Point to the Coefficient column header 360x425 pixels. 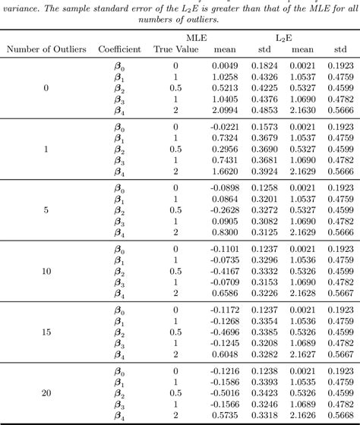[x=119, y=49]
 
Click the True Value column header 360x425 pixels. [x=176, y=49]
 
